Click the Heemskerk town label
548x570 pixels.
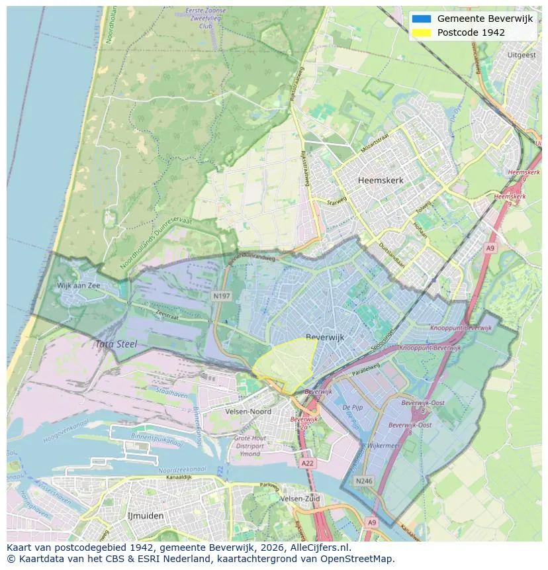381,180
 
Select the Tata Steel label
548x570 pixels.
115,344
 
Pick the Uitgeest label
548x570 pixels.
521,55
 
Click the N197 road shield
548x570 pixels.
221,296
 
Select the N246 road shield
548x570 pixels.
363,481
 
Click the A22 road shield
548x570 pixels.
307,463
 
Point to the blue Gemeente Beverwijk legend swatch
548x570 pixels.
421,19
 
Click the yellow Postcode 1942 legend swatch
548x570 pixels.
421,32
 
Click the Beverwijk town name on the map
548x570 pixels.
325,337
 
